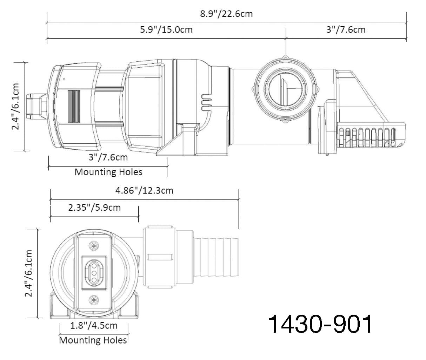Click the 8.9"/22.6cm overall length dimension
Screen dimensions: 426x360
[226, 14]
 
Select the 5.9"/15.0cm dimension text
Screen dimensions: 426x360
[166, 30]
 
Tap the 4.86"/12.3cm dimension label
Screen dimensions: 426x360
[144, 191]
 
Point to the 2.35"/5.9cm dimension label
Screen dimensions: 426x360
[94, 208]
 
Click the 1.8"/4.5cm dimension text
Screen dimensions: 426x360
[94, 326]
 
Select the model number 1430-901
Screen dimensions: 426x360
[320, 325]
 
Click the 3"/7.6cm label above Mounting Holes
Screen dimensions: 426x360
[108, 157]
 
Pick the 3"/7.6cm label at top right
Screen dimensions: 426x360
[346, 30]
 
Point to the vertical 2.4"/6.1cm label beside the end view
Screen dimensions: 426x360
[28, 273]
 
